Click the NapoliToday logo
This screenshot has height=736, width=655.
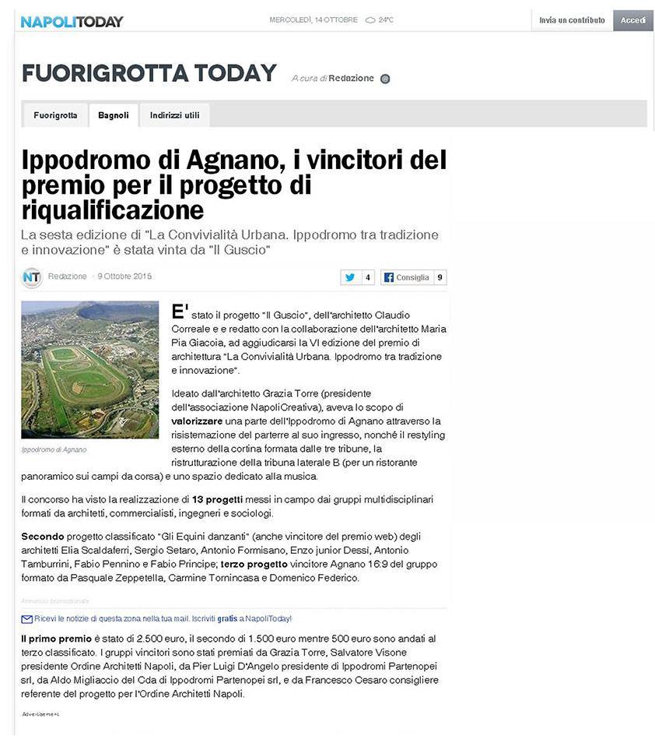72,21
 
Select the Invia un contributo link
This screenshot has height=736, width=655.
572,20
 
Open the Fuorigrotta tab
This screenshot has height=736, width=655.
55,115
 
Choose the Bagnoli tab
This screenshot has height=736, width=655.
113,115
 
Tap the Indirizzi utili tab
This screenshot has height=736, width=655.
174,115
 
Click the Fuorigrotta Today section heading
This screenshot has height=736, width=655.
149,74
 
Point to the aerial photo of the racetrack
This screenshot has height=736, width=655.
89,370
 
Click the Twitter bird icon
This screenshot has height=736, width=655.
350,277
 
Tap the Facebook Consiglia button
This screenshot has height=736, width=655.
406,277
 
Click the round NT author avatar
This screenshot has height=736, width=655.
32,277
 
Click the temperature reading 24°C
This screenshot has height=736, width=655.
386,20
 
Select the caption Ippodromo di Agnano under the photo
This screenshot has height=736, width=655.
54,450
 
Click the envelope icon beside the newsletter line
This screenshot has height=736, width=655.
26,619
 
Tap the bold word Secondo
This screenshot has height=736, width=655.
43,537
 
